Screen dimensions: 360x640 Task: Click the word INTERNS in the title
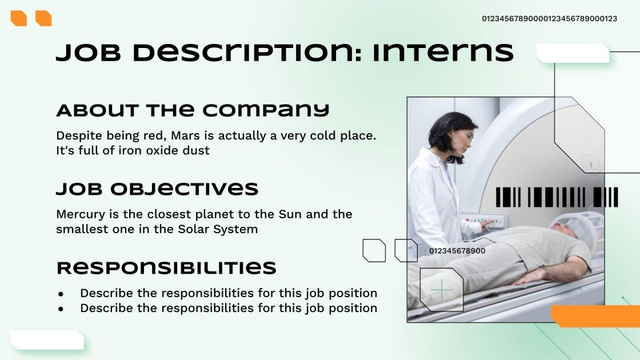(443, 53)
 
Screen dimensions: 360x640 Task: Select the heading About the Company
(193, 110)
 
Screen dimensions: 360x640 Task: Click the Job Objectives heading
(157, 189)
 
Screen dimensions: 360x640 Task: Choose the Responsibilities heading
(166, 268)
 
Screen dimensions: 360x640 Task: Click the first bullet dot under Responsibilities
(61, 294)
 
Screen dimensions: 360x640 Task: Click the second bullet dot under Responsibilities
(61, 309)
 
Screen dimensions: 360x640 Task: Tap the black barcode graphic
(557, 197)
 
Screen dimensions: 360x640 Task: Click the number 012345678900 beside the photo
(457, 251)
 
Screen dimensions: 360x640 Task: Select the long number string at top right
(549, 19)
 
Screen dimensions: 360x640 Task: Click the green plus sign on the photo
(441, 290)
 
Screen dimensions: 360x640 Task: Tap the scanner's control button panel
(483, 221)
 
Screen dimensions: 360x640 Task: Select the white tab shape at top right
(573, 53)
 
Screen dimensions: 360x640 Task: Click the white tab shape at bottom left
(47, 339)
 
